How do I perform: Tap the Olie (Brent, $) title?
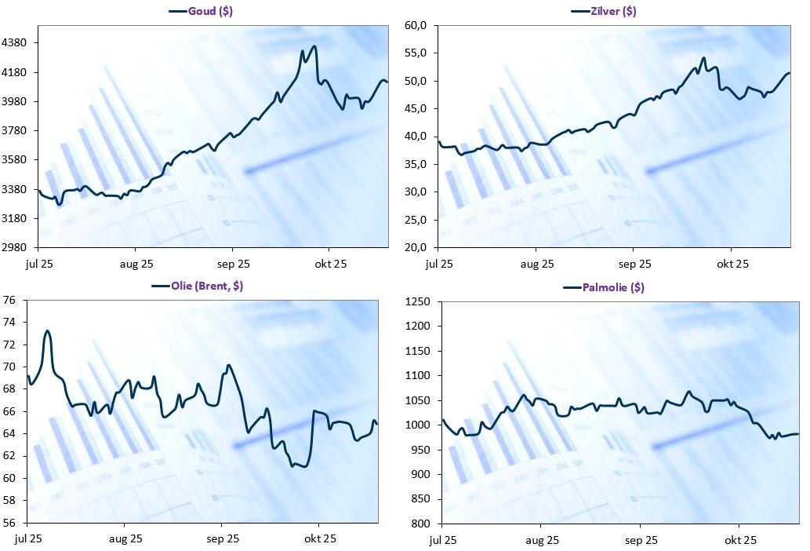click(x=206, y=286)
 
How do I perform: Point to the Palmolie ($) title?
click(x=615, y=287)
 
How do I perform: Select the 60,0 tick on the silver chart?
click(x=416, y=25)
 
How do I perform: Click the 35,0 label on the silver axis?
click(x=416, y=164)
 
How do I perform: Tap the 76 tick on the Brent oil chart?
click(x=10, y=300)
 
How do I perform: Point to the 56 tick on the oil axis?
click(x=10, y=522)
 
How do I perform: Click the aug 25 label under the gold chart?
click(x=136, y=264)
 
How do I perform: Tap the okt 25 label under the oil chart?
click(x=320, y=538)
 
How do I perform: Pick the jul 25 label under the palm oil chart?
click(x=443, y=540)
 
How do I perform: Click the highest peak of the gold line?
click(x=314, y=46)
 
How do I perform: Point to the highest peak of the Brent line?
click(x=47, y=330)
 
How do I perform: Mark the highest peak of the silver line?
click(x=703, y=58)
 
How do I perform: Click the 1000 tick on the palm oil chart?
click(x=420, y=425)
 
